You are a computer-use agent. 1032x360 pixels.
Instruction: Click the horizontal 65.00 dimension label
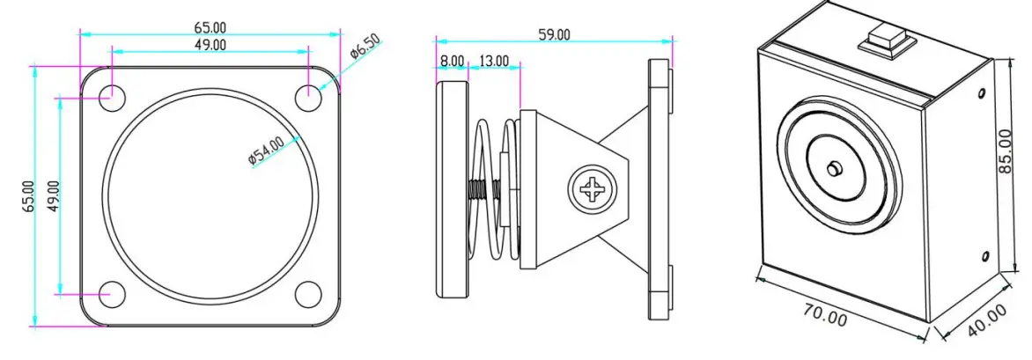pos(209,26)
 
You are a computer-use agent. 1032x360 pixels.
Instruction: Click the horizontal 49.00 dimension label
pos(209,44)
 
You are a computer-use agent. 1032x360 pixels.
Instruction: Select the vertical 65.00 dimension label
pos(28,195)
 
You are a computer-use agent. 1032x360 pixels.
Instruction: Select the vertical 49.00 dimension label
pos(52,195)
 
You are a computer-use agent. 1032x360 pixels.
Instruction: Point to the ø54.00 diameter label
pos(265,150)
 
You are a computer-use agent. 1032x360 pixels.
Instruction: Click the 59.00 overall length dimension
pos(555,34)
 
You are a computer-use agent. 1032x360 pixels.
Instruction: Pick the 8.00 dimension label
pos(452,61)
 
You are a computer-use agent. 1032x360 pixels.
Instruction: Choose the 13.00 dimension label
pos(493,61)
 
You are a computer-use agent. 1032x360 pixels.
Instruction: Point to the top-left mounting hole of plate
pos(111,97)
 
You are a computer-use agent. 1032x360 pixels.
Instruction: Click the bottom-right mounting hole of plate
pos(307,293)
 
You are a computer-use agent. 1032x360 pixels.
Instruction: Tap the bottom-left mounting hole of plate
pos(111,293)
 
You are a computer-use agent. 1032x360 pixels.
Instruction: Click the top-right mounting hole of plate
pos(307,97)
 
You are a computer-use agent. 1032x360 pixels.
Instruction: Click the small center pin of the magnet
pos(834,168)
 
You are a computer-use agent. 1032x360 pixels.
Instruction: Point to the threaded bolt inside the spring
pos(484,189)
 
